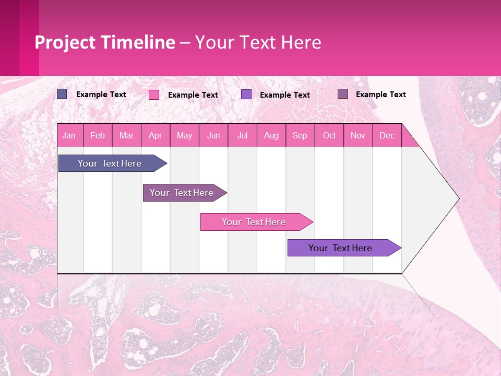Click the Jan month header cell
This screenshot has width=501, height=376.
[x=69, y=135]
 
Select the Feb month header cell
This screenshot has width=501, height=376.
[x=98, y=135]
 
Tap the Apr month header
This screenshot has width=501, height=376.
[x=156, y=135]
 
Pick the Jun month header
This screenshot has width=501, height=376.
[x=213, y=135]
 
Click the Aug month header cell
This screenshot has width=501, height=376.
[x=271, y=135]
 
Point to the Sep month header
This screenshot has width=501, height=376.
[x=300, y=135]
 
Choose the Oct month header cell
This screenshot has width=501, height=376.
[x=329, y=135]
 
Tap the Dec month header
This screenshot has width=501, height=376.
[x=387, y=135]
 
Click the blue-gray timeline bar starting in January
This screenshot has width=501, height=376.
[x=110, y=163]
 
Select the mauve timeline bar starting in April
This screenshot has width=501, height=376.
[x=182, y=193]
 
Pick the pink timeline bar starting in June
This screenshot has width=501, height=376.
[x=254, y=222]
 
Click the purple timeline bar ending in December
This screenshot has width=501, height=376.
[x=341, y=248]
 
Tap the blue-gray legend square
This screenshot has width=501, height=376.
[x=62, y=94]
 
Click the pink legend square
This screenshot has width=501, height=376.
[x=154, y=95]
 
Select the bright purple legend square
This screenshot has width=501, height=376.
[x=246, y=95]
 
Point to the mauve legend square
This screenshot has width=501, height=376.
[x=343, y=94]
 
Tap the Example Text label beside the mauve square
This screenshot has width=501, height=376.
[x=380, y=95]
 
